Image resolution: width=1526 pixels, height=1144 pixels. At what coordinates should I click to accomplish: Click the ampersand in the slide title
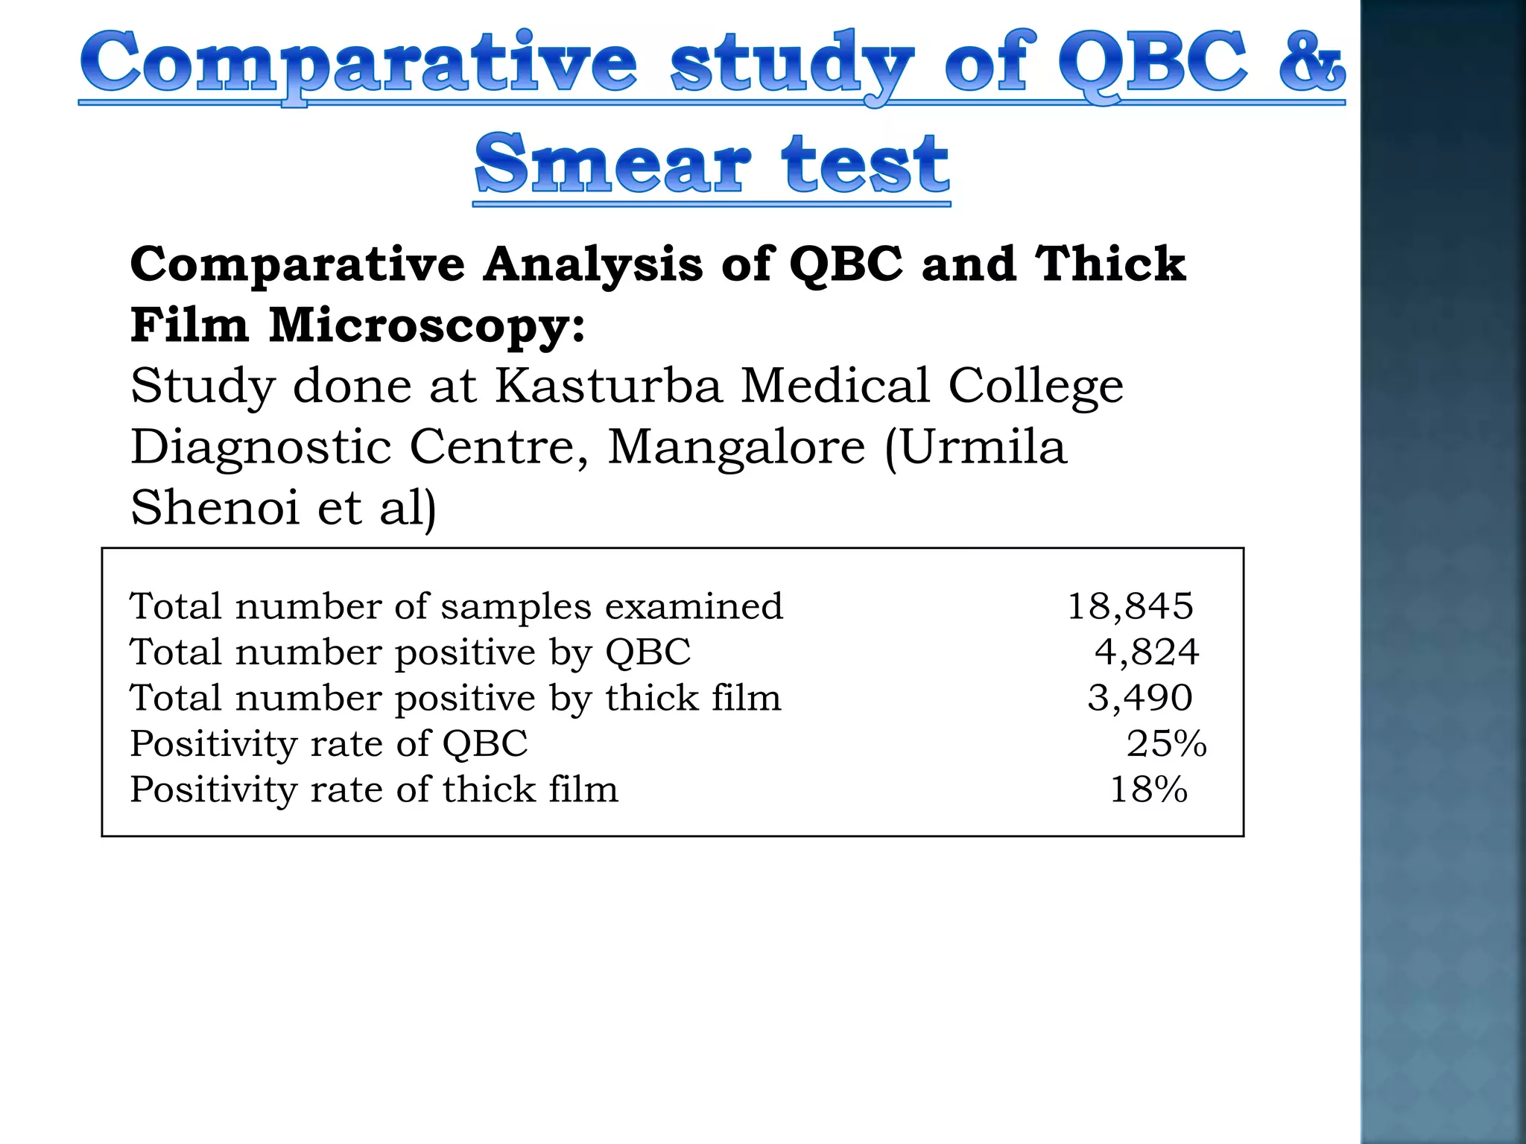[x=1311, y=63]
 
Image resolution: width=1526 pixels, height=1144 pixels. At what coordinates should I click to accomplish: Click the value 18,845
[x=1130, y=606]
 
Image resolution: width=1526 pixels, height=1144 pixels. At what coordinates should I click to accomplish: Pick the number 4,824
[x=1146, y=652]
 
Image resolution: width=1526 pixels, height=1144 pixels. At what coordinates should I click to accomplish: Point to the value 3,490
[x=1139, y=698]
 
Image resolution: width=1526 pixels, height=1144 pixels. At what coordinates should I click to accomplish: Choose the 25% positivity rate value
[x=1166, y=743]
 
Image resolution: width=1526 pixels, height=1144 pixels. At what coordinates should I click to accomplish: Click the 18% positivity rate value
[x=1148, y=789]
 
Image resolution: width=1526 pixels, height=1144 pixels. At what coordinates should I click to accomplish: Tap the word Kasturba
[x=608, y=386]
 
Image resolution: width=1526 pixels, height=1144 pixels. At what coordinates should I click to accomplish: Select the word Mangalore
[x=736, y=447]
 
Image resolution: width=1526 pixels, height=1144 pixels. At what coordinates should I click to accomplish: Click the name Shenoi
[x=215, y=508]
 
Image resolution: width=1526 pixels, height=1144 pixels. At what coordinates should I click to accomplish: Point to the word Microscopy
[x=427, y=326]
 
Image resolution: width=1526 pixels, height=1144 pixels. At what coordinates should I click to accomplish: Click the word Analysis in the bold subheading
[x=592, y=264]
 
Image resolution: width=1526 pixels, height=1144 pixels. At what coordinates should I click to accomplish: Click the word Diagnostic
[x=261, y=448]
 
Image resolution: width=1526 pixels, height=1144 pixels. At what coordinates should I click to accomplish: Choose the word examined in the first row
[x=694, y=606]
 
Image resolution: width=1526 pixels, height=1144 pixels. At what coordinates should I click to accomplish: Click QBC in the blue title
[x=1151, y=64]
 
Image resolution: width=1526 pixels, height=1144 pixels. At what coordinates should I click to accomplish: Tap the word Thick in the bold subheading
[x=1110, y=264]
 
